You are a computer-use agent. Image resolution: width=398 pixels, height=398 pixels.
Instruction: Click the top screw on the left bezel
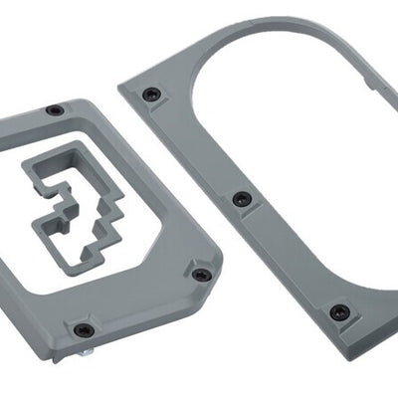point(55,109)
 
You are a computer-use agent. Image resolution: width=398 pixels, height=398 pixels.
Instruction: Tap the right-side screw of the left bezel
point(202,275)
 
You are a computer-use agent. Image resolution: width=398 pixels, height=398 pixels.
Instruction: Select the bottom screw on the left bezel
point(85,329)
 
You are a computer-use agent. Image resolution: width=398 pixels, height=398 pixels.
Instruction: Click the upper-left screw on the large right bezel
point(150,95)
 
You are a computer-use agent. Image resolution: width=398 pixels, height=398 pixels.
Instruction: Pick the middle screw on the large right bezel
point(242,199)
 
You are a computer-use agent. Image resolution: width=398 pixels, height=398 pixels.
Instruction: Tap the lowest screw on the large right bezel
point(339,311)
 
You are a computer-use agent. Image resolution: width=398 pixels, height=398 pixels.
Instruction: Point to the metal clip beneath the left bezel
point(89,350)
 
